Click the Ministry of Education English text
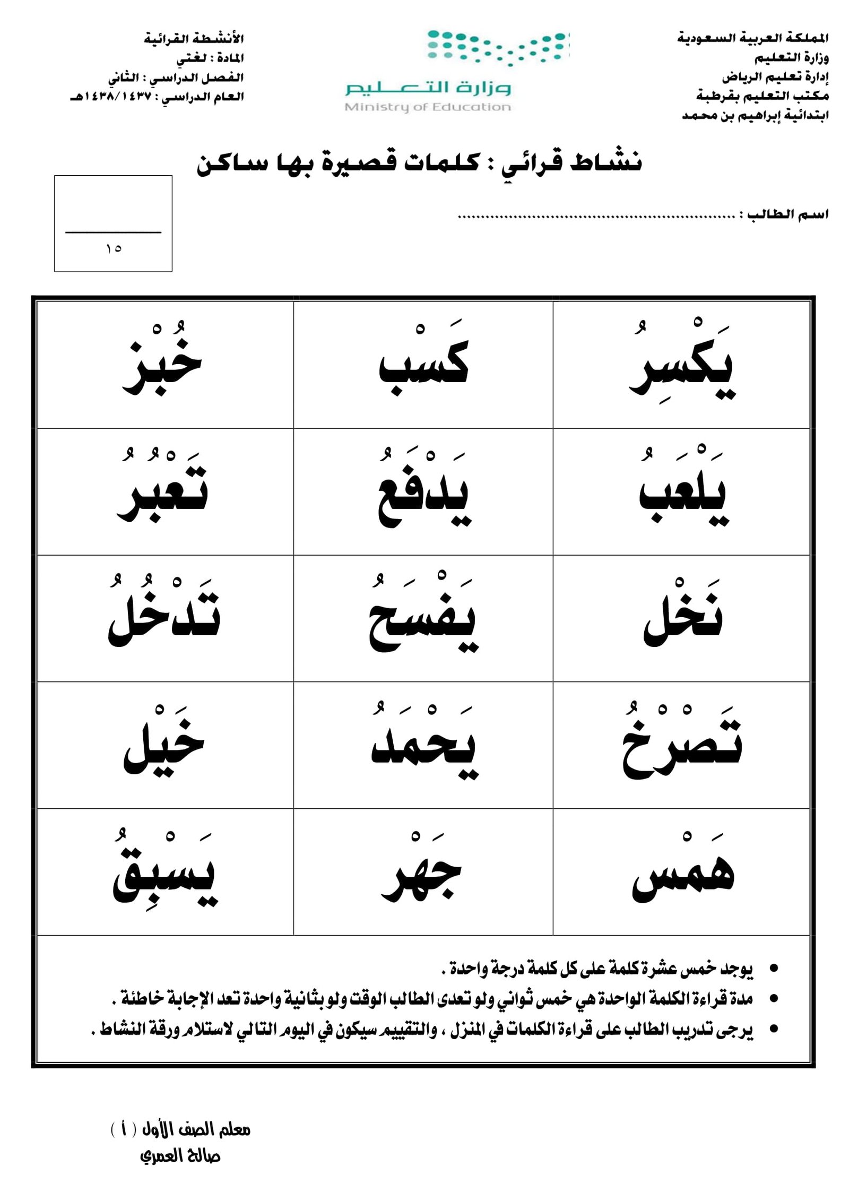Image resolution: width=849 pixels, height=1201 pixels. [x=427, y=107]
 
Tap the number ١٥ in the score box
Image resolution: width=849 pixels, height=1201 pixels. [x=114, y=248]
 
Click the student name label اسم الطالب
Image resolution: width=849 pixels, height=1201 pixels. [x=787, y=214]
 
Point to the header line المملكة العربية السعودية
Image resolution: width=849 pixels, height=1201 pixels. [x=752, y=38]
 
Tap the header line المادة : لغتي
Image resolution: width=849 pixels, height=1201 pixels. [x=210, y=58]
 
